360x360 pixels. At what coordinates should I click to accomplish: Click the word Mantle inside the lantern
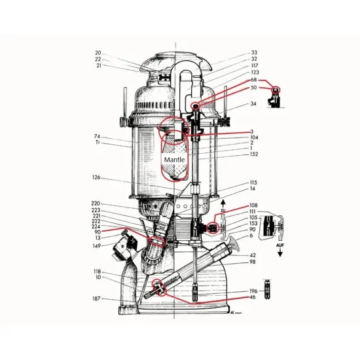tap(174, 159)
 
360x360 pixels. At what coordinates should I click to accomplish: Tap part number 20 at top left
tap(98, 53)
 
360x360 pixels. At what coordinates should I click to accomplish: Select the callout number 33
tap(254, 52)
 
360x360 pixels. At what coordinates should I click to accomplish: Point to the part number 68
tap(254, 80)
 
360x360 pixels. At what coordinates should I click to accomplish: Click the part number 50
tap(254, 87)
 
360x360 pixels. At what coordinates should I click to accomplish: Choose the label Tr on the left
tap(98, 143)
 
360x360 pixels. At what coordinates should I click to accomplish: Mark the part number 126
tap(96, 177)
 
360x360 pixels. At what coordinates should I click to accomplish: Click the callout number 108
tap(253, 205)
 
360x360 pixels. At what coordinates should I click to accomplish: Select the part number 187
tap(96, 298)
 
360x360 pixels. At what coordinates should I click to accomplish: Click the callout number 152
tap(253, 154)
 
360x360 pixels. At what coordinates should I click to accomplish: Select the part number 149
tap(96, 246)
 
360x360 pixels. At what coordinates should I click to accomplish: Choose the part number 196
tap(253, 291)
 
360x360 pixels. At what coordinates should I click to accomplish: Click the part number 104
tap(253, 137)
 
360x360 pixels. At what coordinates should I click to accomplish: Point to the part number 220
tap(96, 204)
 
